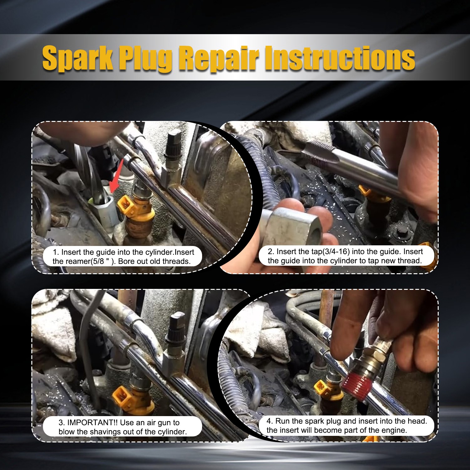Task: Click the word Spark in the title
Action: [78, 58]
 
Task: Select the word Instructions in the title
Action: [340, 58]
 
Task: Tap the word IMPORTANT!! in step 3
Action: [92, 423]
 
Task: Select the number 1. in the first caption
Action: [56, 252]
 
